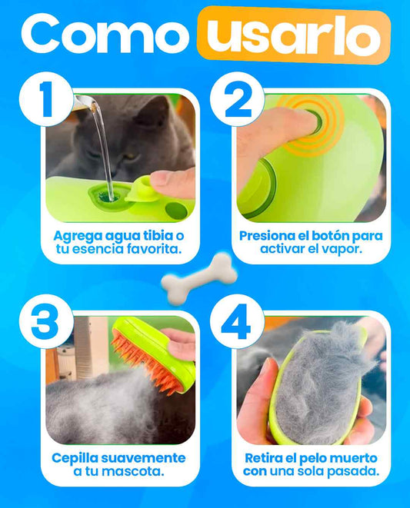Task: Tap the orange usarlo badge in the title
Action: pyautogui.click(x=294, y=35)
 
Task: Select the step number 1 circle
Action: pyautogui.click(x=46, y=98)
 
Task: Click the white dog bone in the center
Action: pyautogui.click(x=199, y=278)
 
